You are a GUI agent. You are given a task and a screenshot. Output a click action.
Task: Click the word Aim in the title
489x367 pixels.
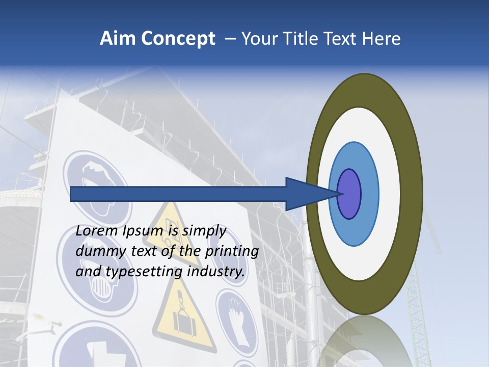click(x=118, y=38)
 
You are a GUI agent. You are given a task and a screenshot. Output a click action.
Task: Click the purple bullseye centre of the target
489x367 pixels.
click(x=349, y=194)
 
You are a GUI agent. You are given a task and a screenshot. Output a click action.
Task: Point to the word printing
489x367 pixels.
click(x=232, y=252)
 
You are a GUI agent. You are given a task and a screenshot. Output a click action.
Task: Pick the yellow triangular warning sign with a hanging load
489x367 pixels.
click(x=182, y=321)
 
